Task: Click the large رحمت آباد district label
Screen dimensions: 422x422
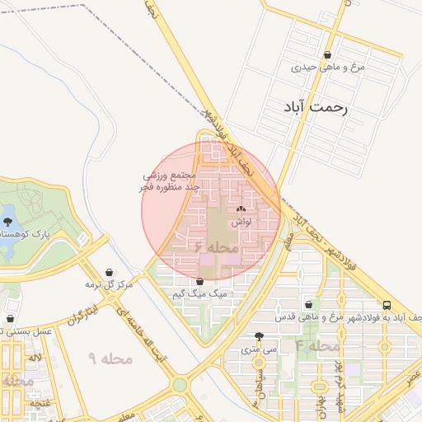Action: (x=316, y=108)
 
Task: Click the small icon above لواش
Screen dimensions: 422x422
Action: (x=241, y=209)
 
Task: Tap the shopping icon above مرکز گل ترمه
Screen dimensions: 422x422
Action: (x=110, y=272)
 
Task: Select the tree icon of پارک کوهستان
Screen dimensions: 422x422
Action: (x=8, y=222)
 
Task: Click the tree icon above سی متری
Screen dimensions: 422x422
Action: (x=260, y=336)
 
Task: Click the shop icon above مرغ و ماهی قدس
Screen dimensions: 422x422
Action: (x=309, y=304)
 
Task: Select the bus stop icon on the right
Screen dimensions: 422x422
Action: (x=387, y=304)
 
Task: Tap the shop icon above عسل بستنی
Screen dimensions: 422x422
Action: (x=10, y=318)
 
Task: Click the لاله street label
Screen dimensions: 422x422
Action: (x=35, y=359)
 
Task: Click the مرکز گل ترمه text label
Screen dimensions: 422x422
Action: (x=109, y=284)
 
